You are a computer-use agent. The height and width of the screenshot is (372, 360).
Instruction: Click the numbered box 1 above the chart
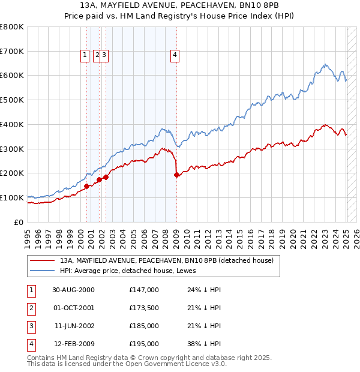[85, 55]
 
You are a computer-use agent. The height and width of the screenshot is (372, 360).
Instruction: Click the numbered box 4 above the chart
[175, 55]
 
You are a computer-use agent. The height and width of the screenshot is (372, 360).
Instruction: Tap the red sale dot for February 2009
[176, 175]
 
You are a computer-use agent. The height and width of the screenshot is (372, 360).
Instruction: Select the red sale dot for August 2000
[87, 186]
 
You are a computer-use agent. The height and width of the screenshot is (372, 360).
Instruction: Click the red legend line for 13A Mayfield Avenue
[41, 260]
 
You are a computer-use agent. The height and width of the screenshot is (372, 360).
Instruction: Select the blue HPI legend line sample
[41, 271]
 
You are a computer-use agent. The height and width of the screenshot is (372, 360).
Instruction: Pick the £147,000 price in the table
[144, 289]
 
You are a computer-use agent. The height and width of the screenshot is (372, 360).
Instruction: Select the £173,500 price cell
[144, 308]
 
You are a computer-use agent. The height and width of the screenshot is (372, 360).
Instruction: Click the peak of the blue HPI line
[325, 64]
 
